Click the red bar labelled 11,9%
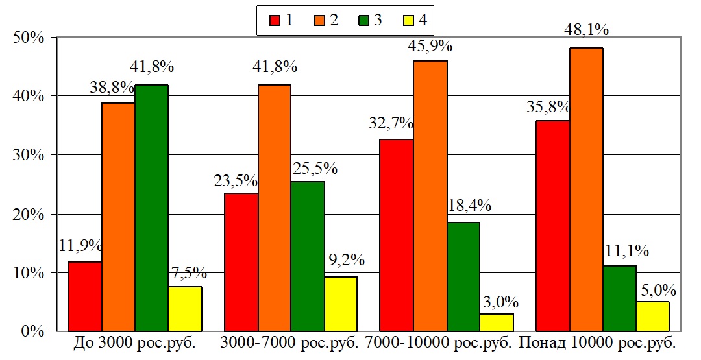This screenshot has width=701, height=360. click(84, 296)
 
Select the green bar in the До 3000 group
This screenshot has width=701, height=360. click(152, 208)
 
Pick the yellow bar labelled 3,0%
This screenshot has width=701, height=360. click(497, 322)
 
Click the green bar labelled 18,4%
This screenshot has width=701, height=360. click(463, 277)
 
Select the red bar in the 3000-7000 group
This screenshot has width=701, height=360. click(241, 262)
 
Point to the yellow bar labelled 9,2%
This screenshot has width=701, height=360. click(341, 304)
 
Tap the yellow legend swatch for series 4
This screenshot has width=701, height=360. click(408, 20)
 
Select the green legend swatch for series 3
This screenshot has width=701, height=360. click(363, 20)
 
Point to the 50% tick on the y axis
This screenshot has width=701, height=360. click(28, 37)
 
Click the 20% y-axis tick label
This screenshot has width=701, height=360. click(28, 214)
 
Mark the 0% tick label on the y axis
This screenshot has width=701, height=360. click(33, 331)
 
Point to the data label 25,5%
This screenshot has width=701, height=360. click(315, 169)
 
